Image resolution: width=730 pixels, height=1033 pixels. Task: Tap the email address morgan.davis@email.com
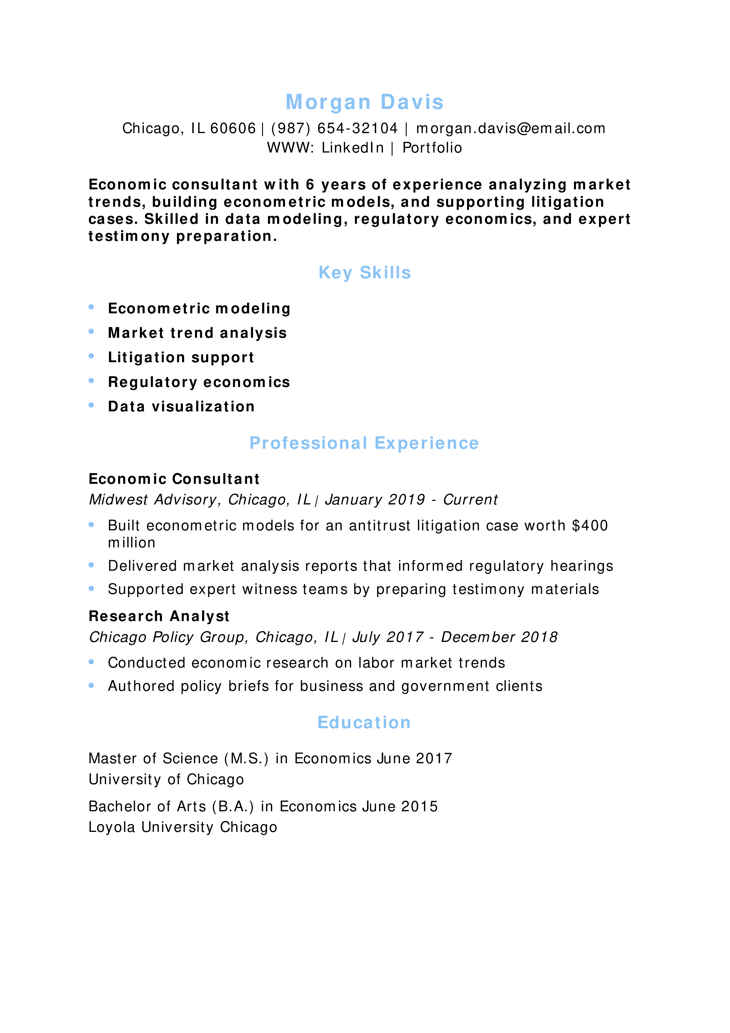click(511, 129)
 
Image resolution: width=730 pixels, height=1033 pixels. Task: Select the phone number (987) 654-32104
click(334, 129)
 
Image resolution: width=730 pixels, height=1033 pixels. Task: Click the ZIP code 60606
click(233, 129)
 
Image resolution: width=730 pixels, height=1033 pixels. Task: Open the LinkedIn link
click(352, 148)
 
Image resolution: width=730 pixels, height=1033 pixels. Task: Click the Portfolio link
click(432, 148)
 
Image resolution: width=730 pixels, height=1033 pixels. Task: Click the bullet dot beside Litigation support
click(91, 356)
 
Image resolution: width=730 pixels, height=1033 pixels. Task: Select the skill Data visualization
click(181, 407)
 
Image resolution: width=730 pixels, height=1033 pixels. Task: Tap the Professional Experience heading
click(364, 443)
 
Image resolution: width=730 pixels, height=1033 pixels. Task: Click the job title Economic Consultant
click(174, 479)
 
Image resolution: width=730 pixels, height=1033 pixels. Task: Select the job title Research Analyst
click(159, 616)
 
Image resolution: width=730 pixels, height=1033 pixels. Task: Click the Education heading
click(364, 723)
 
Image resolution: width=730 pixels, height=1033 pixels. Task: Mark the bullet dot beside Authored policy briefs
click(91, 686)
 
